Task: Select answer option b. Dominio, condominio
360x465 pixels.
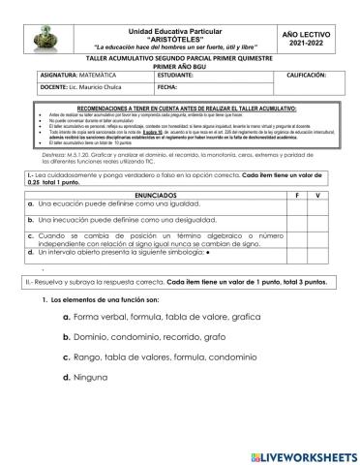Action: coord(143,337)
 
